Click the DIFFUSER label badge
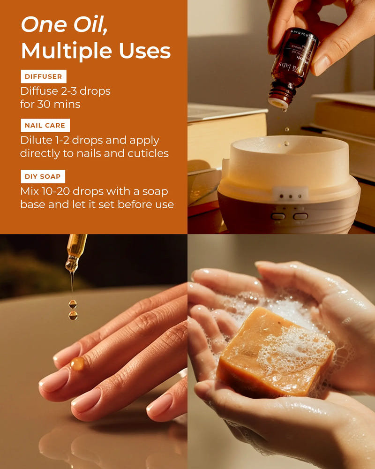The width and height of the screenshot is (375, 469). click(x=44, y=76)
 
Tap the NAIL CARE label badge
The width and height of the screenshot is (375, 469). click(x=45, y=125)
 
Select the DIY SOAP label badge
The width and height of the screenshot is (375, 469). click(x=43, y=176)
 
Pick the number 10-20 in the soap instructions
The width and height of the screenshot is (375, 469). click(x=65, y=191)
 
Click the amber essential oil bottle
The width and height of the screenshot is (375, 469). click(x=293, y=66)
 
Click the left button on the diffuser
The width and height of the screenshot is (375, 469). click(x=278, y=216)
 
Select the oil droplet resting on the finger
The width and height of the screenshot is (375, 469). click(x=77, y=363)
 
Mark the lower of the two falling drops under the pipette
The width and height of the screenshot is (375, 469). click(x=73, y=316)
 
